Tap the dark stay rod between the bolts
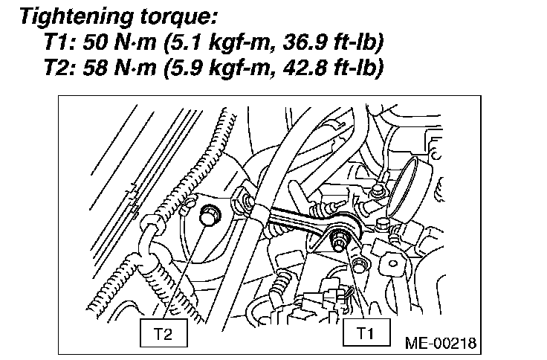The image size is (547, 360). point(297,223)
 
